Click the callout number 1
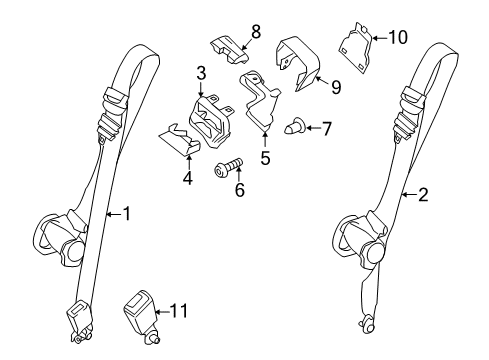coord(127,214)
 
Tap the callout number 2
coord(423,195)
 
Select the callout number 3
coord(201,73)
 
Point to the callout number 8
coord(256,32)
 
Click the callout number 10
coord(398,37)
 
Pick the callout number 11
coord(179,311)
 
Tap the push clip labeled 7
coord(294,128)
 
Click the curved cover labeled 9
coord(298,63)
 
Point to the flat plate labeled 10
coord(355,48)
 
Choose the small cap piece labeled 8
coord(229,50)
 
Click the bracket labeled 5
coord(261,100)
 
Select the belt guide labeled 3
coord(211,121)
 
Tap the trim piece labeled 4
coord(179,140)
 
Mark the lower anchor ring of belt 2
coord(367,324)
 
